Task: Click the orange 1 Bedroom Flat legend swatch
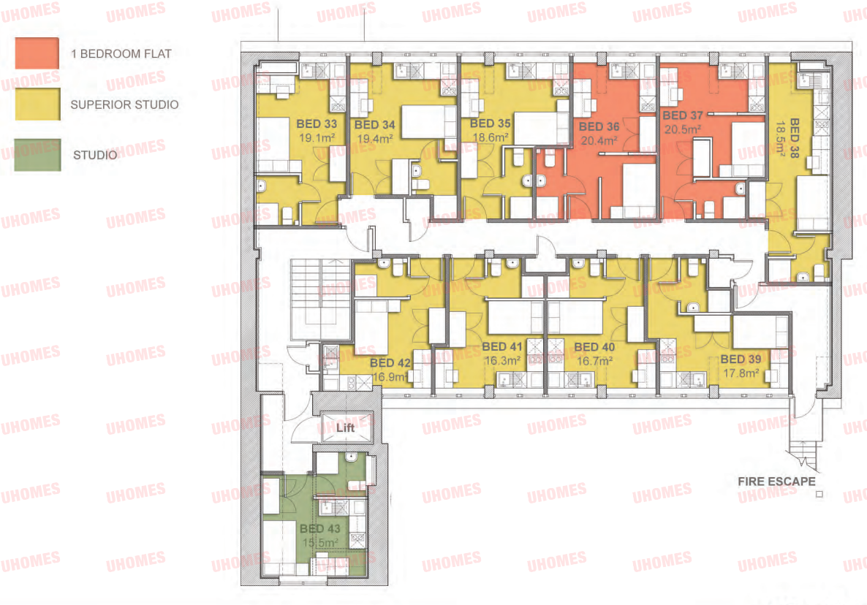[37, 53]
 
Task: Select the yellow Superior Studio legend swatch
[37, 104]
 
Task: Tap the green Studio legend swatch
[37, 155]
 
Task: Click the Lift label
[346, 427]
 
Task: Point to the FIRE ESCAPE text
[776, 482]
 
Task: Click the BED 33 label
[317, 123]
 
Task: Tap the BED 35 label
[491, 123]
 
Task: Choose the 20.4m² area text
[599, 141]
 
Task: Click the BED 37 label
[683, 115]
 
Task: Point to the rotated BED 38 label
[795, 138]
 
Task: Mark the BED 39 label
[741, 359]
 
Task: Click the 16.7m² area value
[594, 362]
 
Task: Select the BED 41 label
[502, 346]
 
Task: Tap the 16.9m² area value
[390, 377]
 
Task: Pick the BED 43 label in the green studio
[320, 529]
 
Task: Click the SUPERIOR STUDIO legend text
[124, 104]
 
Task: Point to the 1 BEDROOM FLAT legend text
[121, 53]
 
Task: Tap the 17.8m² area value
[741, 373]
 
